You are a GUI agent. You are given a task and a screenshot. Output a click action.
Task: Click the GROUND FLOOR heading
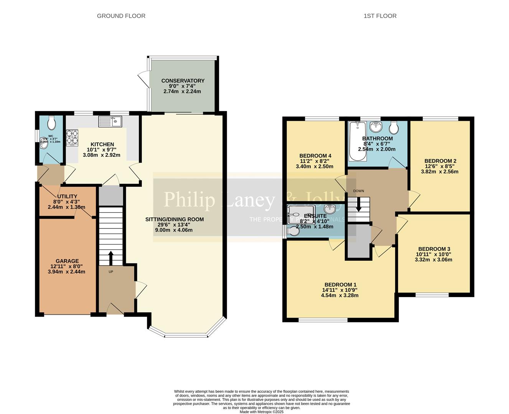(121, 16)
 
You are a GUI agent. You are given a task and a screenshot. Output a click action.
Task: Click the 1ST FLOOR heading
(380, 16)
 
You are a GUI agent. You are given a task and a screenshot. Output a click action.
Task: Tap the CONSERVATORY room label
(183, 80)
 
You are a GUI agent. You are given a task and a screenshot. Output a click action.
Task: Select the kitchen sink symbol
(110, 122)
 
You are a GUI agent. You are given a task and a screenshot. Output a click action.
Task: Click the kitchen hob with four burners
(72, 138)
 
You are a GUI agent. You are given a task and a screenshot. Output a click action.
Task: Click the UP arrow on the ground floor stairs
(111, 258)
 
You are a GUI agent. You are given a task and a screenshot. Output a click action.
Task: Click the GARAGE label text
(67, 261)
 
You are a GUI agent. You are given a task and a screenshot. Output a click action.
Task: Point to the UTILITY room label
(67, 196)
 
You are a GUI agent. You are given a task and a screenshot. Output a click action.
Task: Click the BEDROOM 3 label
(434, 249)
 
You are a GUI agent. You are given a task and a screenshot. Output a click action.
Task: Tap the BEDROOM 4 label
(315, 156)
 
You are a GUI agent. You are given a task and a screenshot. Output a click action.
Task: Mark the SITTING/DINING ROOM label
(175, 219)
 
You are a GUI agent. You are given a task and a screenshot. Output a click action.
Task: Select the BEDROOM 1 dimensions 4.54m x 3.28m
(340, 295)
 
